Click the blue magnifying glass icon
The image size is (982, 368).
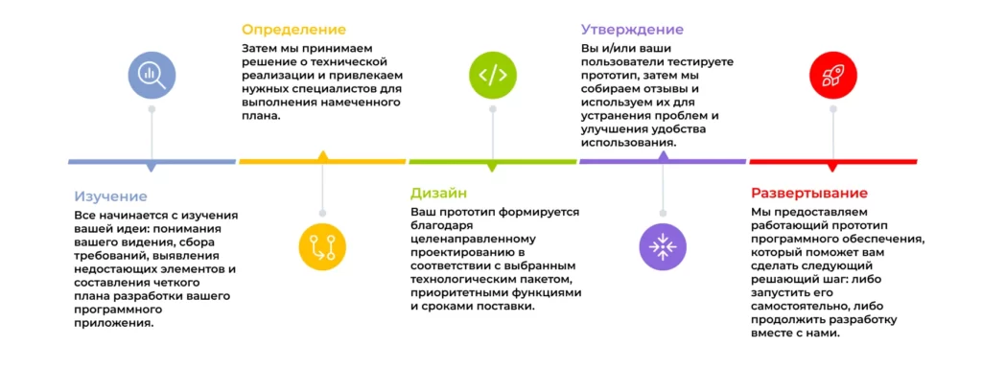click(152, 73)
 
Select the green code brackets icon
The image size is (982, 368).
click(493, 74)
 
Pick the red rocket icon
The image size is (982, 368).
click(832, 74)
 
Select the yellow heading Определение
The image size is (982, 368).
click(293, 30)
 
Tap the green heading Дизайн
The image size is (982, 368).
click(439, 193)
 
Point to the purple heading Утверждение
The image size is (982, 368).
click(632, 30)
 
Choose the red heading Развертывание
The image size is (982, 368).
click(809, 193)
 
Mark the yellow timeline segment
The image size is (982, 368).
click(322, 161)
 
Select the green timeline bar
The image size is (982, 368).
click(493, 161)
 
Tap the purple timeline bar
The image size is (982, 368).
click(663, 161)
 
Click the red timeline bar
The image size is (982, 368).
click(832, 161)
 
